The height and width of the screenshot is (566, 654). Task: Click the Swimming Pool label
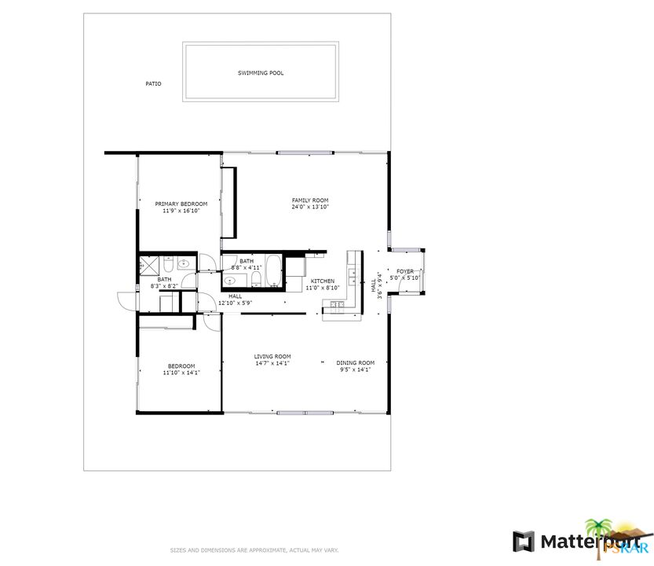[x=261, y=73]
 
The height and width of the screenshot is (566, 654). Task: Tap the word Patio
[x=153, y=83]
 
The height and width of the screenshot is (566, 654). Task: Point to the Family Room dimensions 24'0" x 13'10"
[x=310, y=207]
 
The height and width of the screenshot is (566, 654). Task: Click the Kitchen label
[x=323, y=281]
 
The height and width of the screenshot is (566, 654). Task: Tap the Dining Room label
[x=356, y=362]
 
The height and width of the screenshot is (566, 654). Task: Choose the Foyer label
[x=405, y=271]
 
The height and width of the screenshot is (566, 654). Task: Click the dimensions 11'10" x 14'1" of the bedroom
[x=181, y=373]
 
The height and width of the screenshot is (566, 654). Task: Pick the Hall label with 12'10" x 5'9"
[x=236, y=300]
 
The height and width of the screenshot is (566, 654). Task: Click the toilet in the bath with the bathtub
[x=256, y=279]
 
